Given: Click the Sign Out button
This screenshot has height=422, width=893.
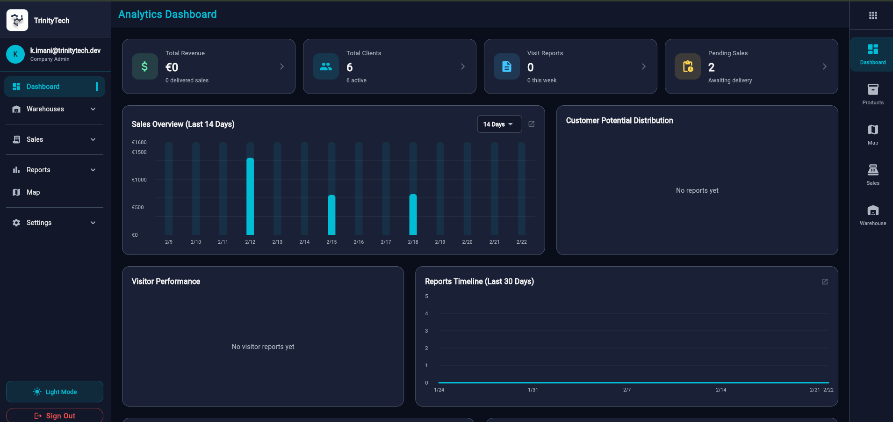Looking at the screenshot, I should [55, 415].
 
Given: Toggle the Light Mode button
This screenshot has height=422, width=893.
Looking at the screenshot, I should [55, 392].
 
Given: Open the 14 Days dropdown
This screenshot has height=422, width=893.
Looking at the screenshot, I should [499, 124].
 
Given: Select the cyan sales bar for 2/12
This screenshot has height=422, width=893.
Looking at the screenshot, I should [250, 196].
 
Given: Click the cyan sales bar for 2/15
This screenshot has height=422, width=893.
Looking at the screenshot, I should [331, 215].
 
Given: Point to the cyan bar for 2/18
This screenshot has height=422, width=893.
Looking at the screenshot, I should [413, 215].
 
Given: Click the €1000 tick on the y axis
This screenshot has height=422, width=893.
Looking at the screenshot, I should [139, 180].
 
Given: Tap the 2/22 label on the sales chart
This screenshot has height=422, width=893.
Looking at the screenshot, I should [521, 242].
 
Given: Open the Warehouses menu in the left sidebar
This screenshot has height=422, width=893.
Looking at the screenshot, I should [54, 109].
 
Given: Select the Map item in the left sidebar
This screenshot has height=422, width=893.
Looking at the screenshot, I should [33, 192].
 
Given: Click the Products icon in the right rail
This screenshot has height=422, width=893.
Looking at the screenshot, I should [872, 89].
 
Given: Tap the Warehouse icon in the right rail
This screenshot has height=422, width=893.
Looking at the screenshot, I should [872, 211].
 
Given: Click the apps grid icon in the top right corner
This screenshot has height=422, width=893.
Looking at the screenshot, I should [872, 15].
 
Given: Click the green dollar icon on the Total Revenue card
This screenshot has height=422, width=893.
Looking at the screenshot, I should [144, 66].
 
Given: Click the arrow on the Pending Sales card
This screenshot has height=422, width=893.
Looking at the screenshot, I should [824, 66].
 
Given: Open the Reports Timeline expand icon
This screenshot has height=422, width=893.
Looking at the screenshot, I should [824, 282].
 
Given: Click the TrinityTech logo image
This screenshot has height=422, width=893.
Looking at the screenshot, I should [17, 20].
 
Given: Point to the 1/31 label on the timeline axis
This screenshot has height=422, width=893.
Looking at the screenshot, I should [533, 390].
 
